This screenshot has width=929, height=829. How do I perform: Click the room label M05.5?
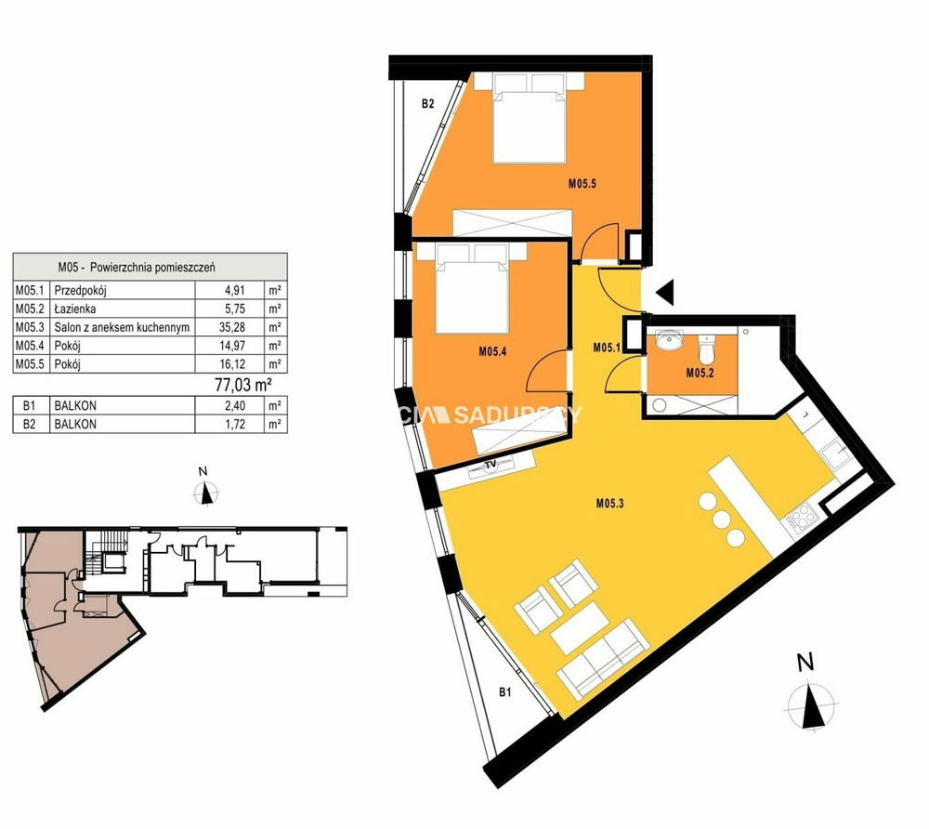click(582, 184)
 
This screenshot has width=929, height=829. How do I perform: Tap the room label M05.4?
click(492, 351)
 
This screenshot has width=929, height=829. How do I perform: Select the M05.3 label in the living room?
click(609, 504)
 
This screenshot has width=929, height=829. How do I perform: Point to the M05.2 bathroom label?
click(700, 373)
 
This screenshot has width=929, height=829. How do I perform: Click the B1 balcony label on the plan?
click(504, 691)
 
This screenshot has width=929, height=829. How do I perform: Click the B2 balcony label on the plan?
click(427, 104)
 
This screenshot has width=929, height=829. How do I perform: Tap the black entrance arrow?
click(665, 293)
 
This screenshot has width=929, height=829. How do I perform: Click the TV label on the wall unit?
click(490, 466)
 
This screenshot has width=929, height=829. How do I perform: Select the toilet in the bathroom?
click(706, 349)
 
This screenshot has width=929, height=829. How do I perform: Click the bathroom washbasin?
click(670, 340)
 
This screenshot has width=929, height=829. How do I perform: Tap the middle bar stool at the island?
click(721, 520)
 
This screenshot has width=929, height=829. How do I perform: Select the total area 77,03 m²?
click(242, 385)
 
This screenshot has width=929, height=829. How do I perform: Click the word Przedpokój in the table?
click(81, 290)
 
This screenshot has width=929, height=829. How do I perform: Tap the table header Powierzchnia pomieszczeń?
click(152, 268)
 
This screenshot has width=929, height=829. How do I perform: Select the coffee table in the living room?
click(580, 628)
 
